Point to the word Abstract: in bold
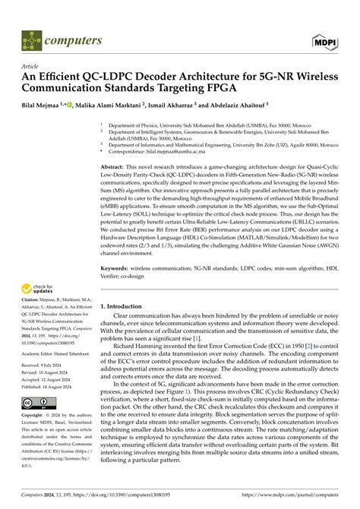tap(114, 165)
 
